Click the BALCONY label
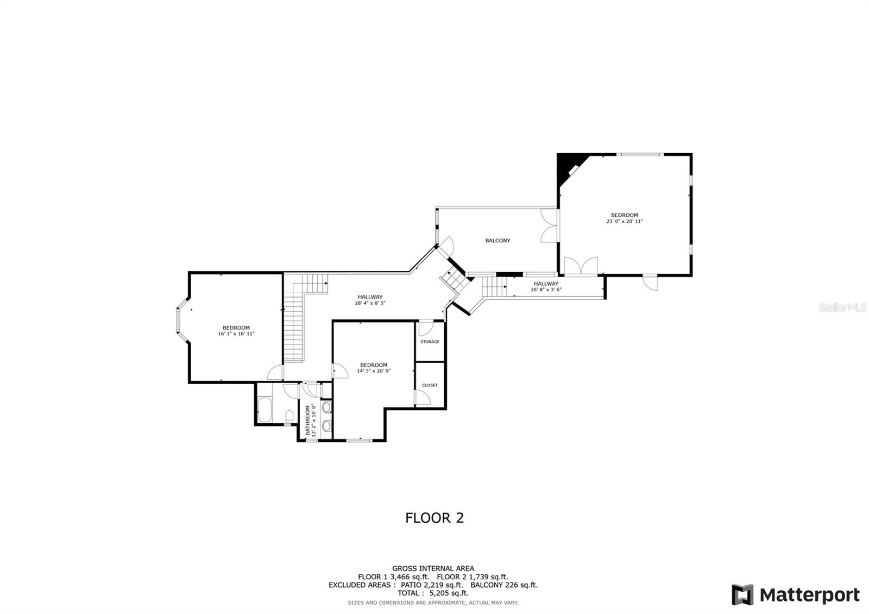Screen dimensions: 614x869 498,240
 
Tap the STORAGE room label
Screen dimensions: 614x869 430,342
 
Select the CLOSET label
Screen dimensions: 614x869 430,385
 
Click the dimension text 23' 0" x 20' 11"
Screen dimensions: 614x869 625,222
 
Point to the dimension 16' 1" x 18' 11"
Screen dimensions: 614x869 236,334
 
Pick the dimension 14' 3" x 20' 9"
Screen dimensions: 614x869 374,371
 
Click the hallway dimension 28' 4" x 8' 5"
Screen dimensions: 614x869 370,303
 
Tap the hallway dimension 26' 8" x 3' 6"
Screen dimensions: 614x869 546,290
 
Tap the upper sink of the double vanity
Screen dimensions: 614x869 326,407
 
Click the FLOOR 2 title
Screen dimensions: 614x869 434,518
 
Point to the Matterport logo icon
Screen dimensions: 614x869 742,595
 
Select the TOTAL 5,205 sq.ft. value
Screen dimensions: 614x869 449,593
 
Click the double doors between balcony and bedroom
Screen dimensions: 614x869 549,225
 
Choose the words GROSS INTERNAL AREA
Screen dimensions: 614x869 433,569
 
